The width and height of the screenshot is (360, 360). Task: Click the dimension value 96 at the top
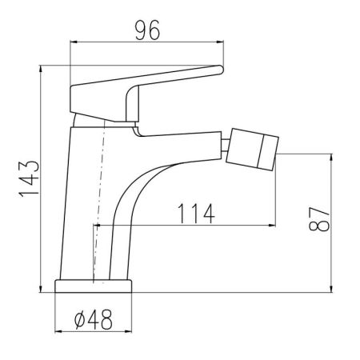tap(147, 30)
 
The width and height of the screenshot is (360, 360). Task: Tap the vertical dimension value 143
tap(29, 178)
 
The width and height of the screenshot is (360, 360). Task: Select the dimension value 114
tap(196, 214)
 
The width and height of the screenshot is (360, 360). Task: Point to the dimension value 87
tap(319, 218)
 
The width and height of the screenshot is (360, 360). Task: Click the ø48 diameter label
tap(94, 319)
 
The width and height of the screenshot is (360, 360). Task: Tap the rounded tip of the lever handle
tap(220, 70)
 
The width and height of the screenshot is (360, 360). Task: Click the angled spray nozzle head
tap(252, 150)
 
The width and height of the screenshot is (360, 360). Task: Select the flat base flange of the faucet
tap(94, 286)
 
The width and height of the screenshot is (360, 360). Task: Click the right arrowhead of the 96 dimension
tap(220, 42)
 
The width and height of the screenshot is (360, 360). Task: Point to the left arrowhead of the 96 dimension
tap(73, 42)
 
